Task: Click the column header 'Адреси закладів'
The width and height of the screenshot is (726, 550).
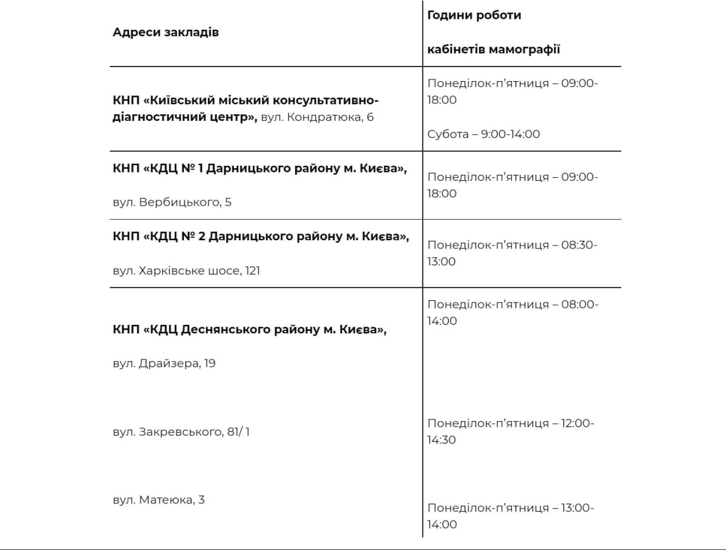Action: pyautogui.click(x=166, y=32)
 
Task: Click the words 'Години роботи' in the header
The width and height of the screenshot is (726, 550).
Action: pyautogui.click(x=474, y=15)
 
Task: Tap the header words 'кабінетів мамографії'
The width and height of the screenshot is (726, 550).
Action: pyautogui.click(x=494, y=49)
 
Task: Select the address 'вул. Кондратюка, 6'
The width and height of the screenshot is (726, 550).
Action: pyautogui.click(x=318, y=117)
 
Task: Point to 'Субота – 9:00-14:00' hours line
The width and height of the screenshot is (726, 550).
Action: pyautogui.click(x=483, y=134)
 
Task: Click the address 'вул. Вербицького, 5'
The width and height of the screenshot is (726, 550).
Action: pyautogui.click(x=172, y=202)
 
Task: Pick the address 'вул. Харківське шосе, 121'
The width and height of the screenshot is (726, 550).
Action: pyautogui.click(x=186, y=270)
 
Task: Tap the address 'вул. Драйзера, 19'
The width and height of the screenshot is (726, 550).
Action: pyautogui.click(x=164, y=364)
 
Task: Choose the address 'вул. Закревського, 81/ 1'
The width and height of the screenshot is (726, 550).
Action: pyautogui.click(x=181, y=432)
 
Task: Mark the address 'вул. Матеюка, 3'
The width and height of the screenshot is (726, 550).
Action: pyautogui.click(x=159, y=500)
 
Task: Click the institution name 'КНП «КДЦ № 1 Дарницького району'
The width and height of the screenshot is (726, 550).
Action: pyautogui.click(x=260, y=169)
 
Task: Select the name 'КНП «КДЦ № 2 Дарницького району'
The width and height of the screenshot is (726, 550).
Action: pyautogui.click(x=261, y=237)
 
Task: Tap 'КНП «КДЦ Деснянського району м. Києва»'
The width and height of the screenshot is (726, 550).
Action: pyautogui.click(x=249, y=330)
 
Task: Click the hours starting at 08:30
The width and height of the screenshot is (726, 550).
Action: pyautogui.click(x=512, y=253)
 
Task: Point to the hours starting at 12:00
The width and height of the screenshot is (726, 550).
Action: pyautogui.click(x=511, y=431)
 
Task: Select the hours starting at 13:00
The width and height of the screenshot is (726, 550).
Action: pyautogui.click(x=511, y=516)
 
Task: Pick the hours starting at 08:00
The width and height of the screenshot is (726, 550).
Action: pyautogui.click(x=512, y=312)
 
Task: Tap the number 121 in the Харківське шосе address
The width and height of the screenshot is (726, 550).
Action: pyautogui.click(x=252, y=270)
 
